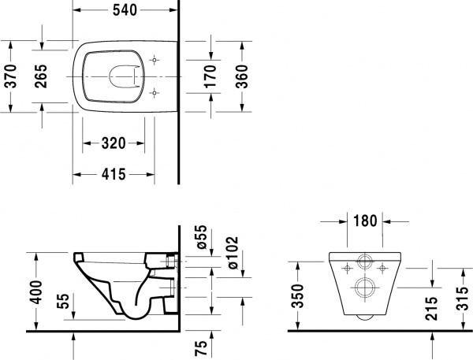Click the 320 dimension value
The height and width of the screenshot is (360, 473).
(x=114, y=143)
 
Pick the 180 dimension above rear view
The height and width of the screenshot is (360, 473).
(x=364, y=221)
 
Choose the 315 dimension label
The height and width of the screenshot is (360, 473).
(x=464, y=298)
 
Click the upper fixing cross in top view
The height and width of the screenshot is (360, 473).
(x=153, y=60)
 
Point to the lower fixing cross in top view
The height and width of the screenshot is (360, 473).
(x=153, y=94)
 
